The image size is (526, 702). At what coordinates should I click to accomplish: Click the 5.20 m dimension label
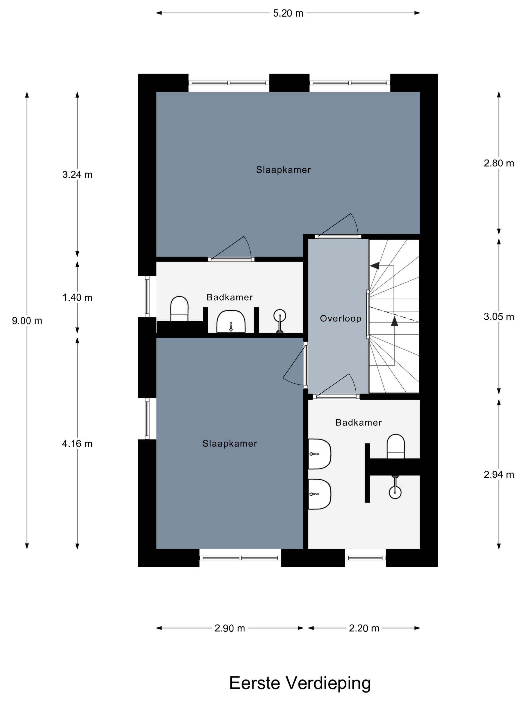pos(288,13)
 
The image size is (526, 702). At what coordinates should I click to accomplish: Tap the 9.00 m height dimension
pos(27,321)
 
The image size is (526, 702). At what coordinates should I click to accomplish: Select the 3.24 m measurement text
pos(77,174)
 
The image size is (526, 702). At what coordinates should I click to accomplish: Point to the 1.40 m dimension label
pos(77,298)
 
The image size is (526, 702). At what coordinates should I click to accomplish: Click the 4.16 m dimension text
pos(77,444)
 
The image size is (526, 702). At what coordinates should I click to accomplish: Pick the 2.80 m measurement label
pos(498,163)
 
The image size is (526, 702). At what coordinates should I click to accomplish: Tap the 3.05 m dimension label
pos(498,317)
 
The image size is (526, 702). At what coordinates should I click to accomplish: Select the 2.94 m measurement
pos(498,474)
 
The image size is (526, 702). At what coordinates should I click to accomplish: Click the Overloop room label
pos(340,318)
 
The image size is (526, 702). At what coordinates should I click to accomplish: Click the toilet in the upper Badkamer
pos(179,308)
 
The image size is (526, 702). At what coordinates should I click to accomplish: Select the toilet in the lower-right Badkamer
pos(396,446)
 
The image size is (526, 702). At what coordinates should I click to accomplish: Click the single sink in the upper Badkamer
pos(231,322)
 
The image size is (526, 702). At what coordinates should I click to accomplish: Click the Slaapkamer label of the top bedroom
pos(283,170)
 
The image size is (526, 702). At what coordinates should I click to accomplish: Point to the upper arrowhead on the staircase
pos(375,266)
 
